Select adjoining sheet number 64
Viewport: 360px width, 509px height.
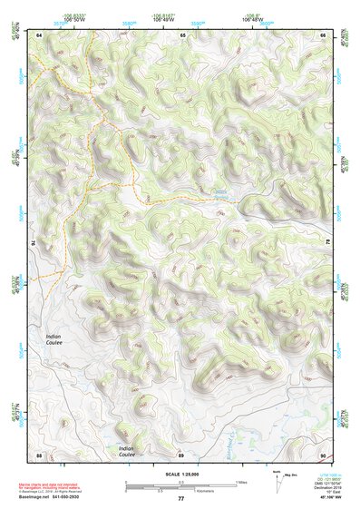pos(39,34)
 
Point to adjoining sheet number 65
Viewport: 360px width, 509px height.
pos(182,34)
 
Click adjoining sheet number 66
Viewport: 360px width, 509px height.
pos(323,34)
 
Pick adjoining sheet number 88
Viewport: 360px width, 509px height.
pos(39,455)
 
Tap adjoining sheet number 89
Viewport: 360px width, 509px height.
pos(181,455)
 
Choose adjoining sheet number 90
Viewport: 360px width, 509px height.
pos(323,455)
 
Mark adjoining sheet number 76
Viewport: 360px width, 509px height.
pos(34,242)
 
